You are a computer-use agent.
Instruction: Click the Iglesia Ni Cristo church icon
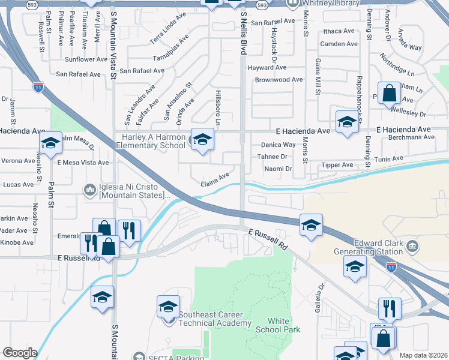pyautogui.click(x=90, y=190)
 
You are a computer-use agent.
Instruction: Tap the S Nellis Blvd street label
pyautogui.click(x=244, y=33)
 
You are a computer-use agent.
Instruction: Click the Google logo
pyautogui.click(x=20, y=353)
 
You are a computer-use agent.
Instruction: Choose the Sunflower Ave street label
pyautogui.click(x=86, y=59)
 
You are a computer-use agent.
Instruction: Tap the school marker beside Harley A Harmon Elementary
pyautogui.click(x=202, y=140)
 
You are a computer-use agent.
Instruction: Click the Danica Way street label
pyautogui.click(x=278, y=145)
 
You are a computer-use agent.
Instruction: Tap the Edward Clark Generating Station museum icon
pyautogui.click(x=412, y=245)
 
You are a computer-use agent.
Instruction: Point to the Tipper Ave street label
pyautogui.click(x=337, y=165)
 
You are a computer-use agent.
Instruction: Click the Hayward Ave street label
pyautogui.click(x=267, y=68)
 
